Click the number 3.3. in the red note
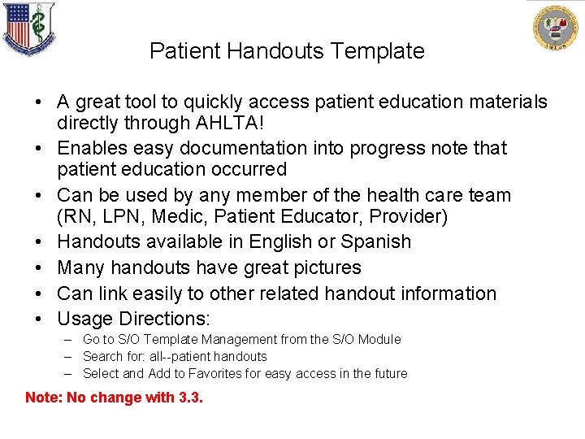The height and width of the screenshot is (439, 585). pos(191,398)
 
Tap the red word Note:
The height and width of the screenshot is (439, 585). pos(43,398)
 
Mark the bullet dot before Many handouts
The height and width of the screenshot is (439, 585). pos(39,267)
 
